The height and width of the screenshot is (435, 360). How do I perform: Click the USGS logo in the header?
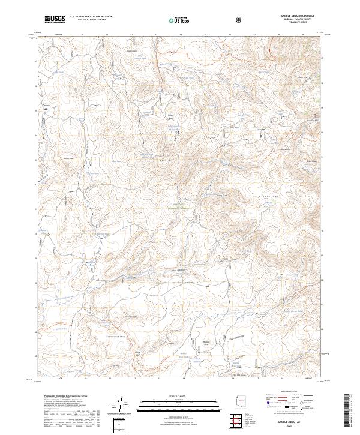pos(55,19)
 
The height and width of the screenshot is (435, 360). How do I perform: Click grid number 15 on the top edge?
pos(206,35)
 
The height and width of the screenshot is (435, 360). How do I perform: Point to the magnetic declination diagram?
pos(120,403)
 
